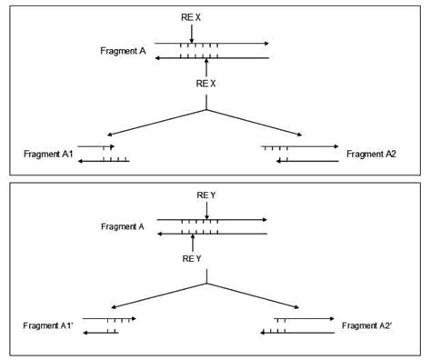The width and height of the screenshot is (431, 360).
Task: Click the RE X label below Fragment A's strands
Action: point(207,83)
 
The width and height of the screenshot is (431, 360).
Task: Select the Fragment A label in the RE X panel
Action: point(123,51)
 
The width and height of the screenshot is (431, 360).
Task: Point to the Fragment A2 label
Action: point(371,154)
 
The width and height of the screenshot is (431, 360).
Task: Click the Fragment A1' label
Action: point(51,325)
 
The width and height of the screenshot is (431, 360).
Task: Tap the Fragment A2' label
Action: point(368,325)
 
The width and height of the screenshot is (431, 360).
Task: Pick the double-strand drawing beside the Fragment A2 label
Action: point(300,153)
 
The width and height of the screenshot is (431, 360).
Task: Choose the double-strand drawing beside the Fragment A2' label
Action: point(296,325)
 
